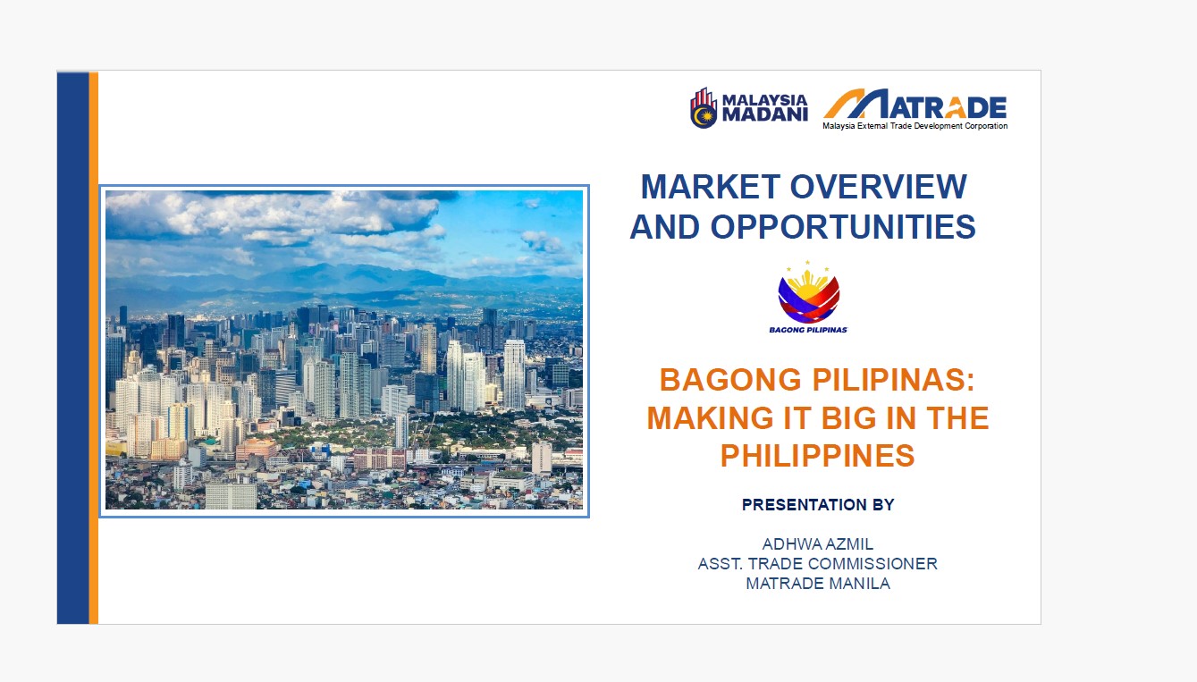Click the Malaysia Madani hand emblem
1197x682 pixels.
[704, 108]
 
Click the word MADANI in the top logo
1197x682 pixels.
[764, 115]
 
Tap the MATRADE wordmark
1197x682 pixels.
[915, 105]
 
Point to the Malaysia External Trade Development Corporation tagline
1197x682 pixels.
[915, 126]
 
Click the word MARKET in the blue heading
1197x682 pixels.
[710, 187]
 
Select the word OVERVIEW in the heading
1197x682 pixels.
[879, 187]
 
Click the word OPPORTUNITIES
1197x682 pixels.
[843, 227]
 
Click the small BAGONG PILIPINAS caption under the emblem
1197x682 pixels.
[808, 330]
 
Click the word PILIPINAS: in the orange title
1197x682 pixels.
[893, 380]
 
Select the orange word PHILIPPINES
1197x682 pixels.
[818, 455]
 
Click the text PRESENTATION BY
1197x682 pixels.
[818, 504]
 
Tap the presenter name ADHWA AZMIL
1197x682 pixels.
[818, 544]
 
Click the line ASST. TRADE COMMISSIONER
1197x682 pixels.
[818, 564]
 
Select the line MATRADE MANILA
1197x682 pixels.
[818, 584]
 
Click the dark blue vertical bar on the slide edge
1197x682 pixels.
[72, 348]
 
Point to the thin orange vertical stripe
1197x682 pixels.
[94, 348]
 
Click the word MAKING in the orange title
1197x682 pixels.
[710, 417]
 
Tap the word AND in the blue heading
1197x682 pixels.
[665, 227]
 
